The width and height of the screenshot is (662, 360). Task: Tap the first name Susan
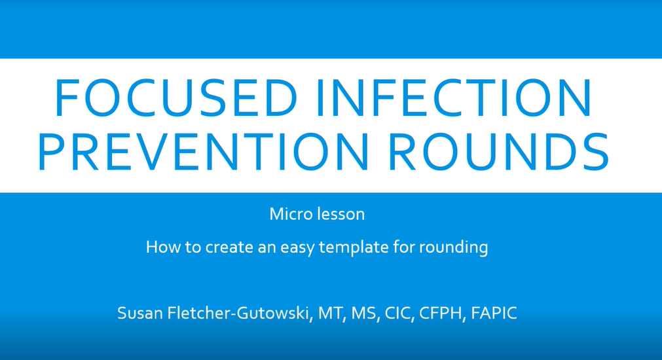coord(139,314)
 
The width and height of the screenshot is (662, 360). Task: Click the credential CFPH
coord(430,314)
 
